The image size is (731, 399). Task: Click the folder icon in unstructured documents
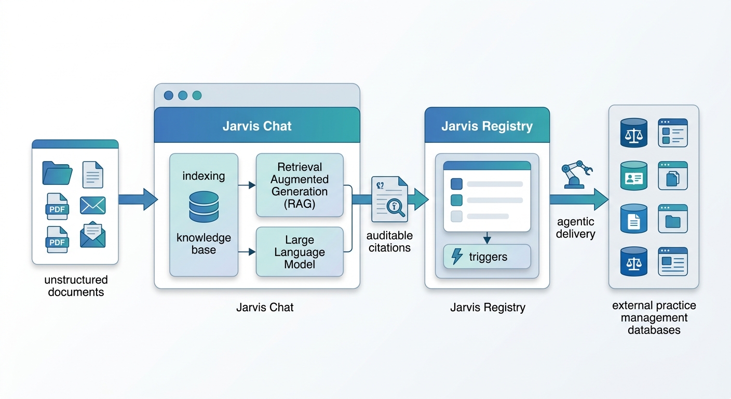click(57, 174)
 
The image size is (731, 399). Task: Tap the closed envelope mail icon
click(93, 205)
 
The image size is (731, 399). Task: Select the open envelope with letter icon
click(93, 235)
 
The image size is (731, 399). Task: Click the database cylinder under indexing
click(204, 207)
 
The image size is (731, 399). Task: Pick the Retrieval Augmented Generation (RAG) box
click(300, 185)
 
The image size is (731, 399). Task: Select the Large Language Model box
click(300, 252)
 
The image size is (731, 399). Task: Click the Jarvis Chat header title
click(257, 126)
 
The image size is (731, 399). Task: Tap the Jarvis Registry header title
click(487, 126)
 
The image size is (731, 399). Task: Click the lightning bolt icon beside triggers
click(457, 257)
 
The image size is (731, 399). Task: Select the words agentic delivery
click(575, 228)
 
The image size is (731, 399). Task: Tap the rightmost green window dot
click(197, 96)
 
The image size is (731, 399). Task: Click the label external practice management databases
click(654, 317)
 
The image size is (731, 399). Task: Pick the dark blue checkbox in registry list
click(456, 184)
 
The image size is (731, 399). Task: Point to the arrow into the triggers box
click(487, 238)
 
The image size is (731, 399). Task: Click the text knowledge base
click(204, 244)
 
